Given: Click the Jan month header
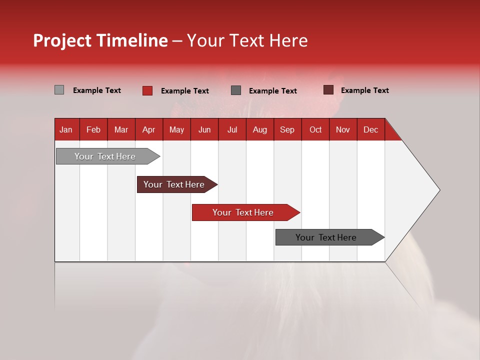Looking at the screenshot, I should tap(66, 129).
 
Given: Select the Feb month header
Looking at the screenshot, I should tap(93, 129).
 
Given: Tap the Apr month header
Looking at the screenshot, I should tap(148, 129).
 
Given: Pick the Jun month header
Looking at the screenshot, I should tap(204, 129).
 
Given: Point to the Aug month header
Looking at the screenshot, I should tap(260, 129).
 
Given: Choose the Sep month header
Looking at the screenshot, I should tap(287, 129).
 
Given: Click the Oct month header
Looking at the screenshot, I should tap(315, 129).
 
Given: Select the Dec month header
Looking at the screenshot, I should tap(370, 129).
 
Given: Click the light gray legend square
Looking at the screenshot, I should tap(59, 90).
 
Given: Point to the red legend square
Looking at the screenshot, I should tap(147, 90).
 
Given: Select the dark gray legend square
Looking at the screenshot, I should tap(236, 90).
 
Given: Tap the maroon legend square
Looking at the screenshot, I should tap(328, 90).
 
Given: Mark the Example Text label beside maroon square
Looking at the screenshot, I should tap(364, 90).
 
